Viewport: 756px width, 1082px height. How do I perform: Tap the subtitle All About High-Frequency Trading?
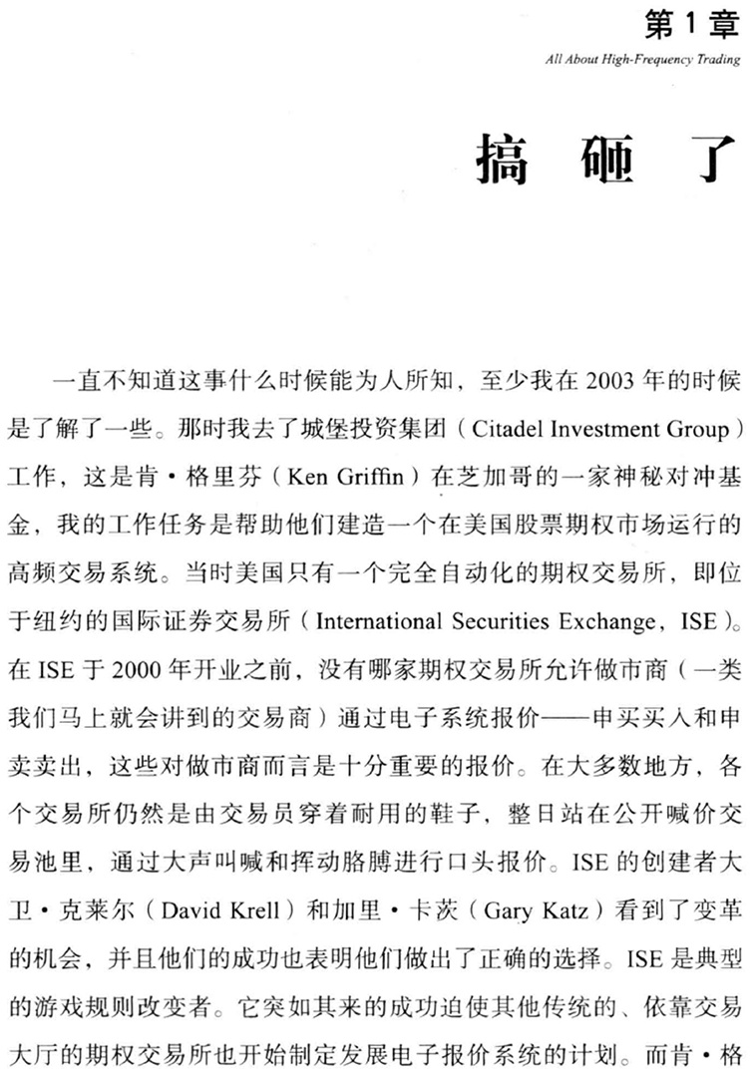pos(643,59)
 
